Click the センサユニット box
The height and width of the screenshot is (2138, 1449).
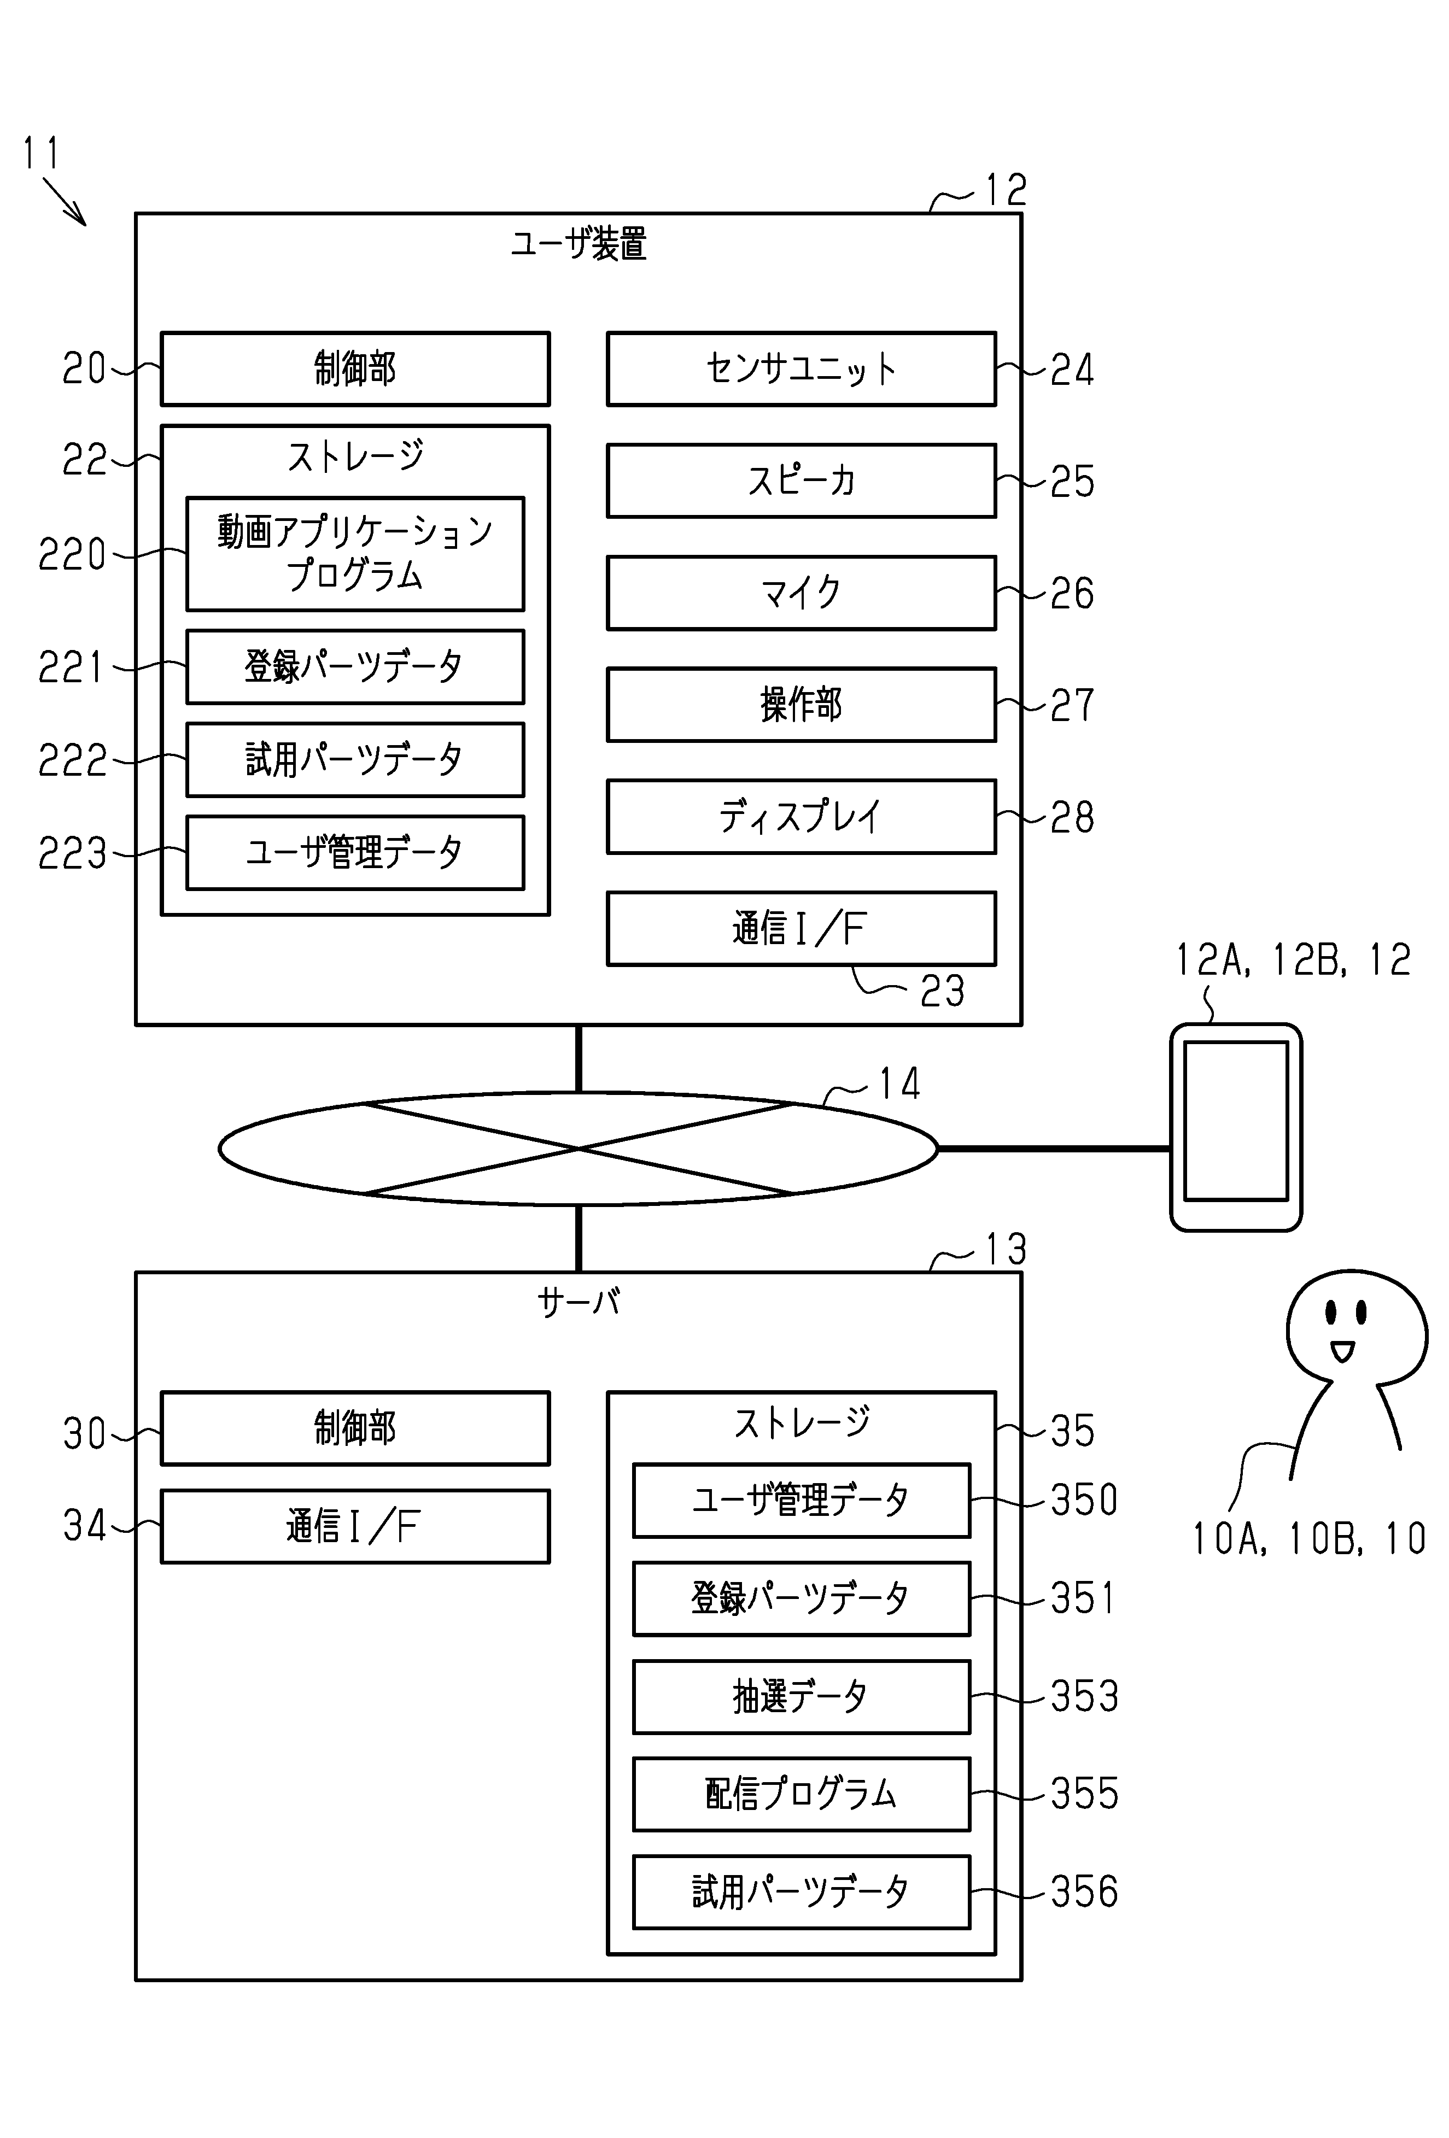click(801, 369)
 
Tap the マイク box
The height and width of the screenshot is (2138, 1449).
click(801, 593)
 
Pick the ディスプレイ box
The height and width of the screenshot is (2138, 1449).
click(801, 817)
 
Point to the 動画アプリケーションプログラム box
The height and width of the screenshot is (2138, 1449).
click(355, 554)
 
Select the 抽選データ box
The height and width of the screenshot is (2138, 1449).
click(801, 1696)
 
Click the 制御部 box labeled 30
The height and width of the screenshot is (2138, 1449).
click(355, 1428)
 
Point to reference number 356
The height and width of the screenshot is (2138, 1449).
click(1084, 1891)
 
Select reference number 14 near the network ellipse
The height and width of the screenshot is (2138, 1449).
click(899, 1083)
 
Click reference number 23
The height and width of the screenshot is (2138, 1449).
click(942, 991)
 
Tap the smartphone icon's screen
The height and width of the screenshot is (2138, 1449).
click(1235, 1121)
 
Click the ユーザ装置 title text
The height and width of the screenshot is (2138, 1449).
click(579, 245)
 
